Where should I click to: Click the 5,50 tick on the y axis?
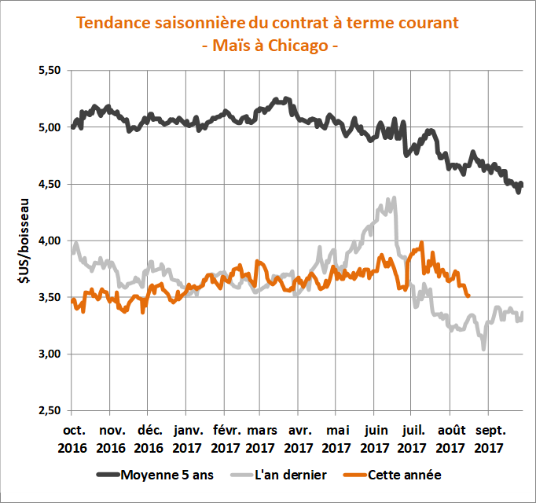[49, 71]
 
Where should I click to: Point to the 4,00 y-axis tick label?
[49, 240]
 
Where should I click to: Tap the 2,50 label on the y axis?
[49, 411]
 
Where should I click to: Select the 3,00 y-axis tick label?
[49, 354]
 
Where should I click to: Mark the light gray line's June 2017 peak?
[393, 199]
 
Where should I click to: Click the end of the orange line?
[468, 296]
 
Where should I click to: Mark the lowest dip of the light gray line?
[484, 348]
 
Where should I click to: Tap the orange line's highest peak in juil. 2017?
[422, 244]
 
